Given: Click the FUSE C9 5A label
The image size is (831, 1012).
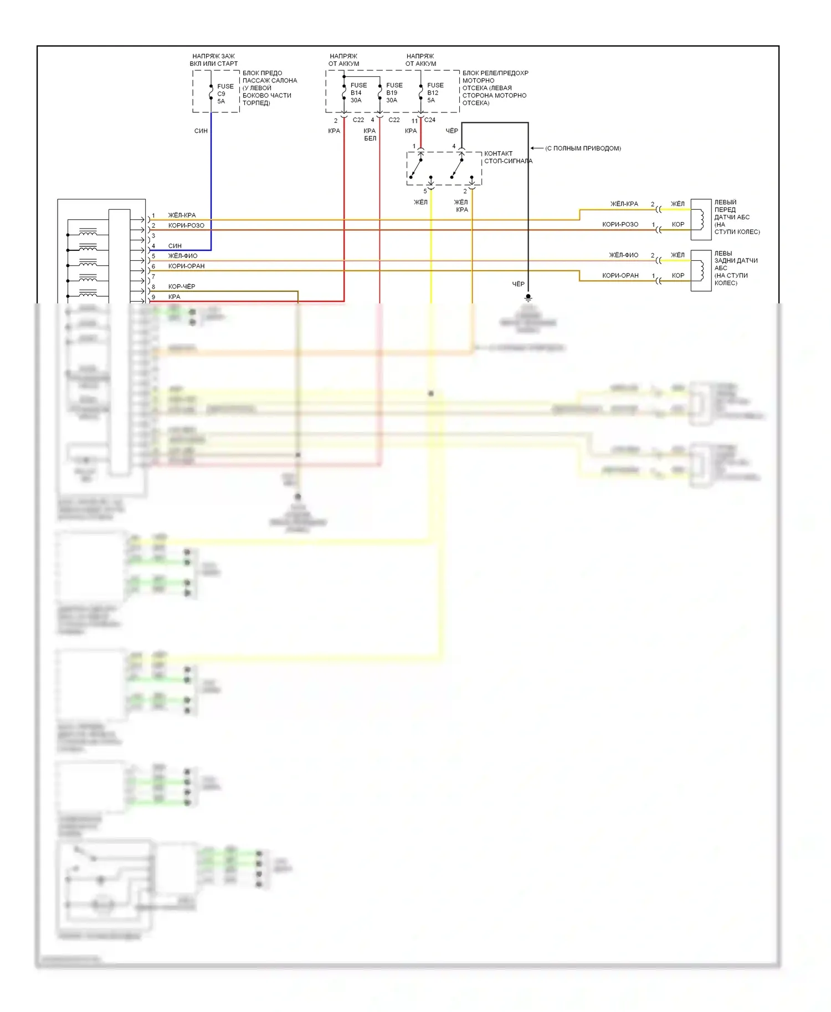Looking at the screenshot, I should click(224, 94).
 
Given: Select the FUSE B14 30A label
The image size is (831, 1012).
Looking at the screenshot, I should click(358, 92).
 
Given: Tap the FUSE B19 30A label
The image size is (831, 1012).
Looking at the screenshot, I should click(394, 92).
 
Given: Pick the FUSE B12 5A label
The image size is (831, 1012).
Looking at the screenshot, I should click(435, 92).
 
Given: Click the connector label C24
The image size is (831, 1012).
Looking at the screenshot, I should click(430, 120).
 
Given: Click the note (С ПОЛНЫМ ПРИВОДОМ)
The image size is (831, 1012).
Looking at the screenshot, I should click(583, 148).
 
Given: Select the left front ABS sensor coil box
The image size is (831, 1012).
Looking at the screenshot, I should click(701, 219).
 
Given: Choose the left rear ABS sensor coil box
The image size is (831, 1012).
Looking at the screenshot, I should click(701, 271).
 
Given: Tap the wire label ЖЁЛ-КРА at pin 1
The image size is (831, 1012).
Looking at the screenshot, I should click(182, 215).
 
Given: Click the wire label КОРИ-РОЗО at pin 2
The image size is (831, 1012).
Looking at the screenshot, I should click(186, 225).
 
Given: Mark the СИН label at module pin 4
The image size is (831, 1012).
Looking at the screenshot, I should click(175, 246).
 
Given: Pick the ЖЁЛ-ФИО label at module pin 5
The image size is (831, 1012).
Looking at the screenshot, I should click(183, 256).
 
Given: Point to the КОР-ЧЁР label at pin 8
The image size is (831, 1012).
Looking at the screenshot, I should click(182, 287).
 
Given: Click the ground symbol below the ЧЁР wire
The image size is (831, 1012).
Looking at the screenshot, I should click(528, 297).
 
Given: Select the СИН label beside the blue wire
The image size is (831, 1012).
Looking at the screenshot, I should click(201, 131).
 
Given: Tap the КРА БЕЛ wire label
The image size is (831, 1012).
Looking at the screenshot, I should click(370, 135).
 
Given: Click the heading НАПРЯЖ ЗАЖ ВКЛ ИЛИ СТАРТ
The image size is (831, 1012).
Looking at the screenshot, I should click(214, 60).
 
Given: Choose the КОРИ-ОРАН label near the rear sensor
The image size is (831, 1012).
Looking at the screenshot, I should click(620, 276).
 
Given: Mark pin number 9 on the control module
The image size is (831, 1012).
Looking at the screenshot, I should click(153, 297).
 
